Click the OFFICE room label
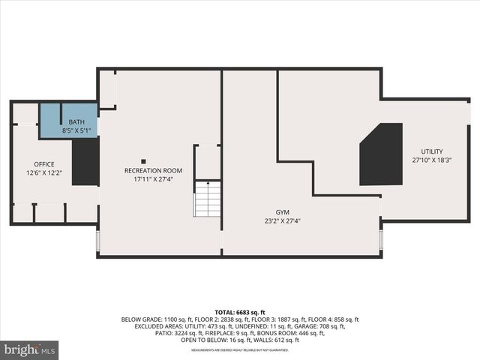(x=44, y=164)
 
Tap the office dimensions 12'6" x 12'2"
(x=44, y=172)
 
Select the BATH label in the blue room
(x=77, y=122)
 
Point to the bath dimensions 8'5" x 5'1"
(x=77, y=130)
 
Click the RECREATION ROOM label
(x=153, y=171)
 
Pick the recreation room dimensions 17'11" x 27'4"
(x=153, y=179)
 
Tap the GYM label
(x=282, y=212)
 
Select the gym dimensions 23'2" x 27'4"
(x=282, y=221)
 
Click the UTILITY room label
(x=431, y=151)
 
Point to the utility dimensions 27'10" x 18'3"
(x=431, y=160)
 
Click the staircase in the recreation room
(x=208, y=199)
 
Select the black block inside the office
(x=85, y=161)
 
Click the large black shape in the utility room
(x=382, y=155)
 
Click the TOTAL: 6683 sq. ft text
(x=240, y=312)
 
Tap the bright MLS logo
(x=29, y=349)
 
